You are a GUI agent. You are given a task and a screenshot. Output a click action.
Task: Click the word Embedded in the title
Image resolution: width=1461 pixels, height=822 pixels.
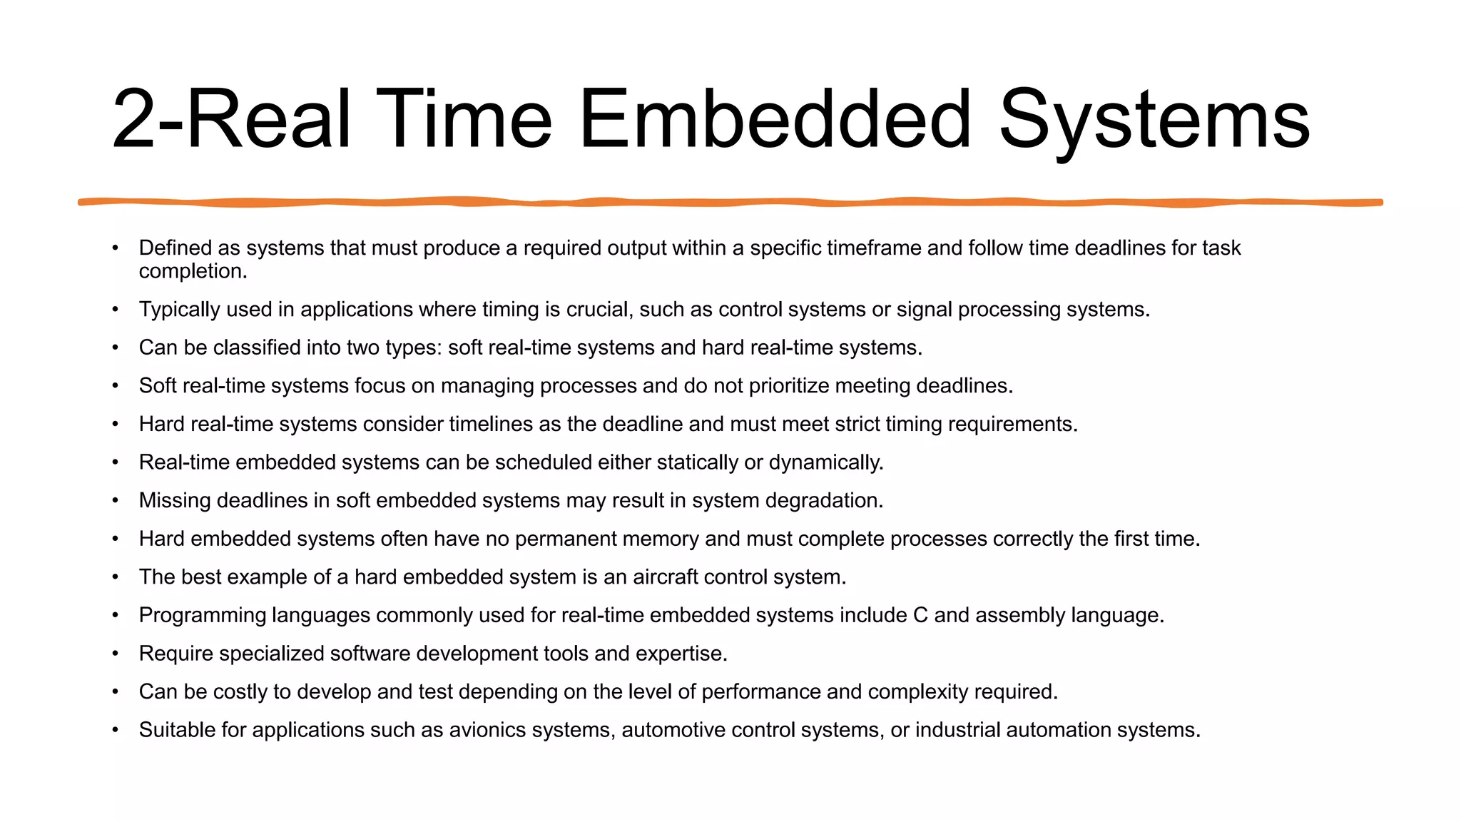(775, 119)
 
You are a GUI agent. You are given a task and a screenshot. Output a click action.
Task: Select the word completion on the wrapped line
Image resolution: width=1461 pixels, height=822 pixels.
(191, 272)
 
